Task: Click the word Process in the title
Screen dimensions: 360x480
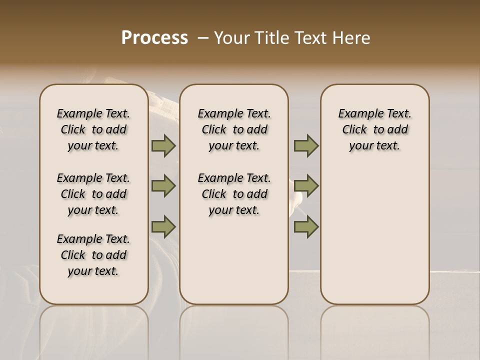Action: point(154,37)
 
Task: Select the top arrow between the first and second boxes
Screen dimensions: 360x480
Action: point(163,146)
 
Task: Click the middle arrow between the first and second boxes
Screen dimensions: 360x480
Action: point(163,186)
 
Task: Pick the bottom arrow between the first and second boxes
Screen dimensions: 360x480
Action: point(163,226)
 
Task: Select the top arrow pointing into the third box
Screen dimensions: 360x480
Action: point(306,146)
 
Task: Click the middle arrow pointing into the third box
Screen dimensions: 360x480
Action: point(306,186)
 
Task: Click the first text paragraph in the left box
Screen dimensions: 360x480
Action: point(93,129)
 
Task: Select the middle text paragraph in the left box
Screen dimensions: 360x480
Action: point(93,194)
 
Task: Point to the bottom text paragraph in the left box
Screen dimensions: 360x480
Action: point(93,255)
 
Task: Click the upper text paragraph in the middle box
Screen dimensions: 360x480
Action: point(234,129)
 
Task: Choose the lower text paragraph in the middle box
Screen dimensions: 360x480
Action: point(234,194)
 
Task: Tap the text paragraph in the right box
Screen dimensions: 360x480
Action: point(374,129)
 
